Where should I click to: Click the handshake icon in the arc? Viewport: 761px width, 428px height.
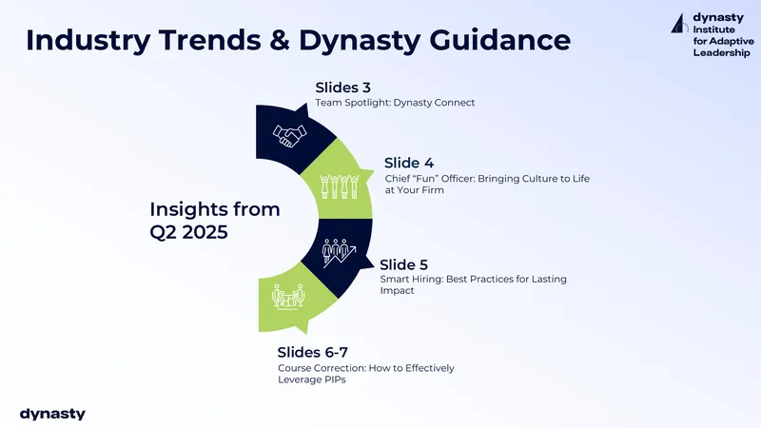coord(290,135)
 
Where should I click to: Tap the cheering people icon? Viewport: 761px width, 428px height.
coord(340,186)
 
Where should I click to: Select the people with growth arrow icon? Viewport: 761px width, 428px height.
coord(339,252)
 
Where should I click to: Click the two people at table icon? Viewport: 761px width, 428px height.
coord(288,297)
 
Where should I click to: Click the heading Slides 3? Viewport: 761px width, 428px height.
coord(342,88)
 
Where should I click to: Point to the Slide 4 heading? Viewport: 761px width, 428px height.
coord(409,163)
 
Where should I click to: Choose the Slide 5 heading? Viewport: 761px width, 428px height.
coord(403,265)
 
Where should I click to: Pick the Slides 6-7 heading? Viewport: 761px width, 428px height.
coord(313,352)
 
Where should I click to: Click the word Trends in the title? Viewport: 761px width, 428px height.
coord(209,40)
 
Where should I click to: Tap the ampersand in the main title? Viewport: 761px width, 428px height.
coord(280,40)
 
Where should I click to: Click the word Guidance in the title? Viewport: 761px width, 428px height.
coord(500,40)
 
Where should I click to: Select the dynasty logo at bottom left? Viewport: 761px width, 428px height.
coord(52,414)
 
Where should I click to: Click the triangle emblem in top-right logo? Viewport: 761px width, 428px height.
coord(680,23)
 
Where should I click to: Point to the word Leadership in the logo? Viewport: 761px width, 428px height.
coord(721,53)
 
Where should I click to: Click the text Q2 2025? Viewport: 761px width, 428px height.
coord(188,232)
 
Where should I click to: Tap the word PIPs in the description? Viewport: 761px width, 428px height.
coord(332,379)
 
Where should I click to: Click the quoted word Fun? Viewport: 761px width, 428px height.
coord(421,179)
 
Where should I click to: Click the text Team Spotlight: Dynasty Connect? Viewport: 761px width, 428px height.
coord(395,103)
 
